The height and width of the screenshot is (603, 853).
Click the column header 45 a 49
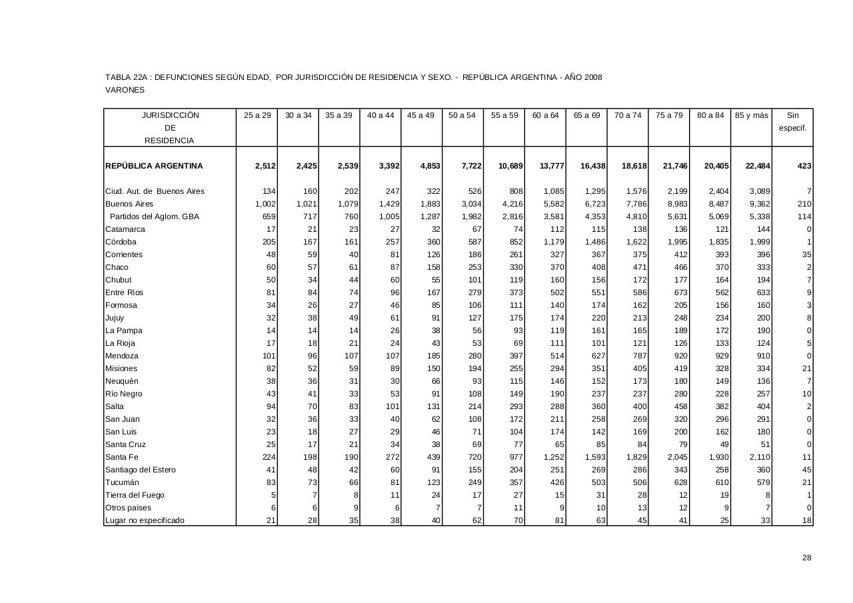point(421,115)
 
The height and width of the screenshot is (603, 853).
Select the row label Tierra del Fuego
point(135,495)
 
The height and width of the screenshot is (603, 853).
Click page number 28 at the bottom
point(807,558)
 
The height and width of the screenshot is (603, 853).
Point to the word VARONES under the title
point(125,90)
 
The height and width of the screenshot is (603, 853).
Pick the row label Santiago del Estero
point(141,470)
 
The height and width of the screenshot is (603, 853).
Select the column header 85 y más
point(752,115)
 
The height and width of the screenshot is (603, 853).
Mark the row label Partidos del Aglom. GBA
point(155,217)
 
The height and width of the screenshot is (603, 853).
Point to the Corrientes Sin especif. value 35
point(807,255)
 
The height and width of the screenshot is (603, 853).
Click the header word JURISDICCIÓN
point(171,115)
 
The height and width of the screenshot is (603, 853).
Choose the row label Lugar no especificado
point(145,520)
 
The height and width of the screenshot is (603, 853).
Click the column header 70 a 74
point(628,115)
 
